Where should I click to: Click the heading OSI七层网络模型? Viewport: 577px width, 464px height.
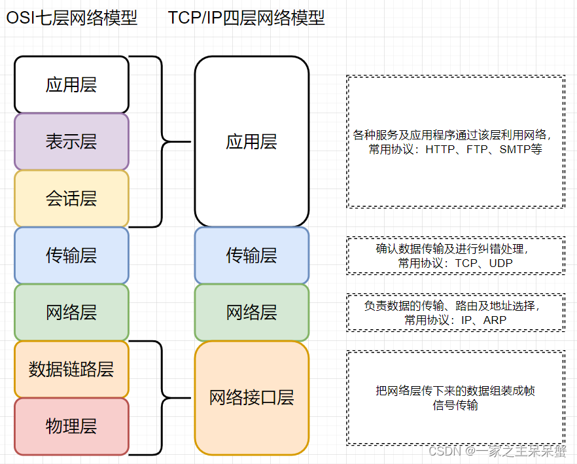point(72,18)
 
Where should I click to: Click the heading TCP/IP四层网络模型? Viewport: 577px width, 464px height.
point(247,18)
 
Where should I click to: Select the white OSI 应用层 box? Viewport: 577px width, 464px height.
point(71,84)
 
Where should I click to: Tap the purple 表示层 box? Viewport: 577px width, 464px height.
point(71,141)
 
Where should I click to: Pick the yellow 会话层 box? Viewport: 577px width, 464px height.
point(71,198)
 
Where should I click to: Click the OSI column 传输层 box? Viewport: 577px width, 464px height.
point(71,255)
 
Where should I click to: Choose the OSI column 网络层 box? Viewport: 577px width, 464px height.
point(71,312)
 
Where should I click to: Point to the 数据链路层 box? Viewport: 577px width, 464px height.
point(71,369)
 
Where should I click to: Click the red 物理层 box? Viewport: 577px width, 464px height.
point(71,426)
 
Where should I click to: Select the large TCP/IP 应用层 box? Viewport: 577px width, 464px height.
point(251,141)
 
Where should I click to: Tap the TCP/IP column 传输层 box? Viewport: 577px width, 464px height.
point(251,255)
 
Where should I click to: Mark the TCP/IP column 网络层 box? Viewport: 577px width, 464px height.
point(251,312)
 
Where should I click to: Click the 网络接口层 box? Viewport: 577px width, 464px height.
point(251,397)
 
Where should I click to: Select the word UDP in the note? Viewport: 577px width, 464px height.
point(500,263)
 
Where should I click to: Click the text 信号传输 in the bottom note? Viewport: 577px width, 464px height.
point(456,405)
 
